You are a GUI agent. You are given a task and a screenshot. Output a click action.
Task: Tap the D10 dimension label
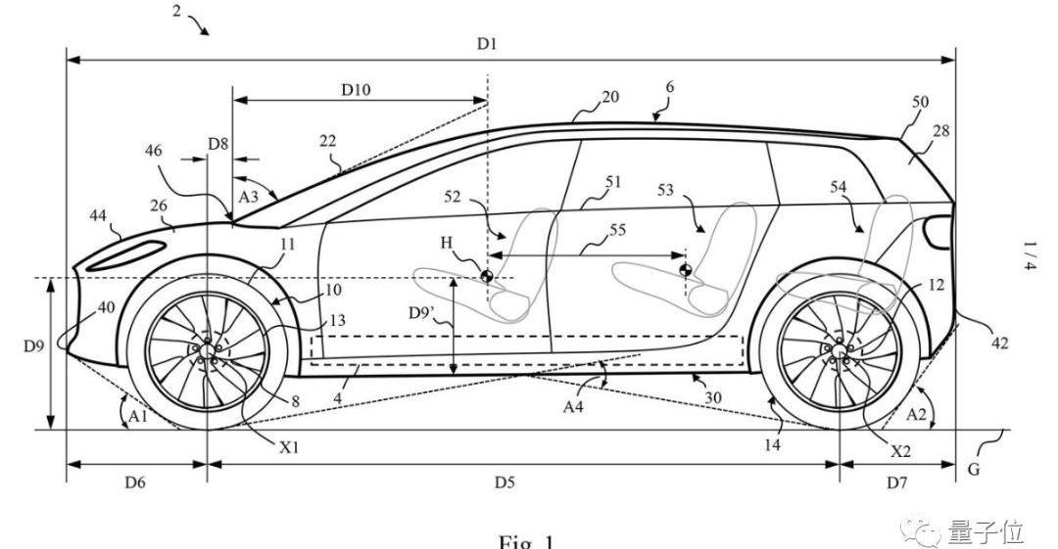[x=356, y=89]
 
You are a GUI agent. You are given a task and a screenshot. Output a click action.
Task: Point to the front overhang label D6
[x=135, y=481]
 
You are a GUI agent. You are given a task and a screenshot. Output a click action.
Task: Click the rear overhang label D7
[x=897, y=481]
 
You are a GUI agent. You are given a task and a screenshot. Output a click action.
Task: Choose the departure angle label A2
[x=916, y=415]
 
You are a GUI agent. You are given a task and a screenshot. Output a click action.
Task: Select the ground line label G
[x=973, y=469]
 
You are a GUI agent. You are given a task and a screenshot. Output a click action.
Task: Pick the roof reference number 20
[x=610, y=98]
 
